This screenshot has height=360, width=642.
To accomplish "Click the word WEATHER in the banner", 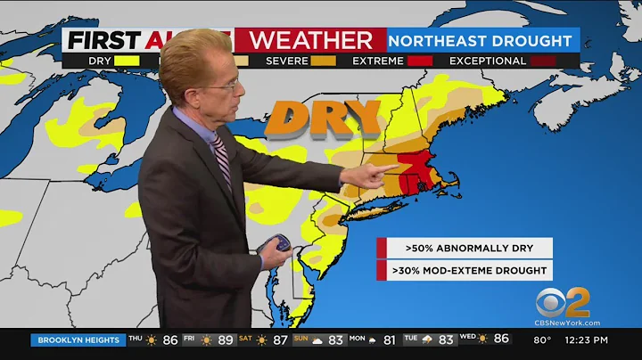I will pos(310,40).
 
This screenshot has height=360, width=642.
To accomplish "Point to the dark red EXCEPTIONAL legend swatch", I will pos(543,61).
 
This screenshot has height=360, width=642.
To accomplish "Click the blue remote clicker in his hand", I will pos(282,243).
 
